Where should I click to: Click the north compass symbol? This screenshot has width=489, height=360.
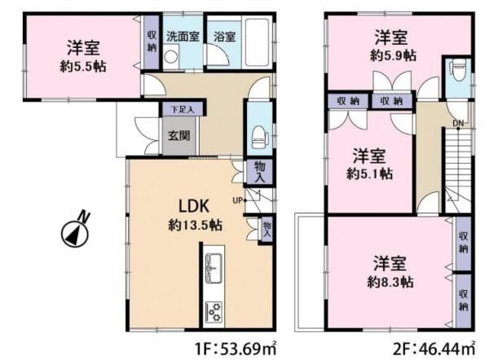(75, 232)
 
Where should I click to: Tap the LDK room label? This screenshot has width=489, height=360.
(193, 206)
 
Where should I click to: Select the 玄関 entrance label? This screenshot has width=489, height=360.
(179, 135)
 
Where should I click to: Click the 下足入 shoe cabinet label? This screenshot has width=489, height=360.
(183, 110)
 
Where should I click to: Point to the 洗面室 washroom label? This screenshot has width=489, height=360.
(183, 36)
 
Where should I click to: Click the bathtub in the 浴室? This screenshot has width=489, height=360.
(258, 42)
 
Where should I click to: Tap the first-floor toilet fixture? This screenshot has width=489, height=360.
(260, 138)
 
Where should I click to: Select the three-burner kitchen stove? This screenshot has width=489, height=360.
(214, 312)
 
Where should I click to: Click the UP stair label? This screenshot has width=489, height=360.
(237, 200)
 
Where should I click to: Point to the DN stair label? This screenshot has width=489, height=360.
(458, 124)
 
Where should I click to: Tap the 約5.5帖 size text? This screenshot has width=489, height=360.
(83, 67)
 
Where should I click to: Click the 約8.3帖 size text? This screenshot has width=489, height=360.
(390, 282)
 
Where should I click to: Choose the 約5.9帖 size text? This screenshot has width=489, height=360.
(393, 56)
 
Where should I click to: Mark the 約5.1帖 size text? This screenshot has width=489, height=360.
(369, 174)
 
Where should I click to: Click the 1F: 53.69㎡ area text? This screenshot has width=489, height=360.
(236, 349)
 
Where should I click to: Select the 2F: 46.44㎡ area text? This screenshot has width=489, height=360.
(434, 349)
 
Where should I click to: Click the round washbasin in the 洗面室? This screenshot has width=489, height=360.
(170, 57)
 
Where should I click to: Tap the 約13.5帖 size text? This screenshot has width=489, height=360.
(196, 225)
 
